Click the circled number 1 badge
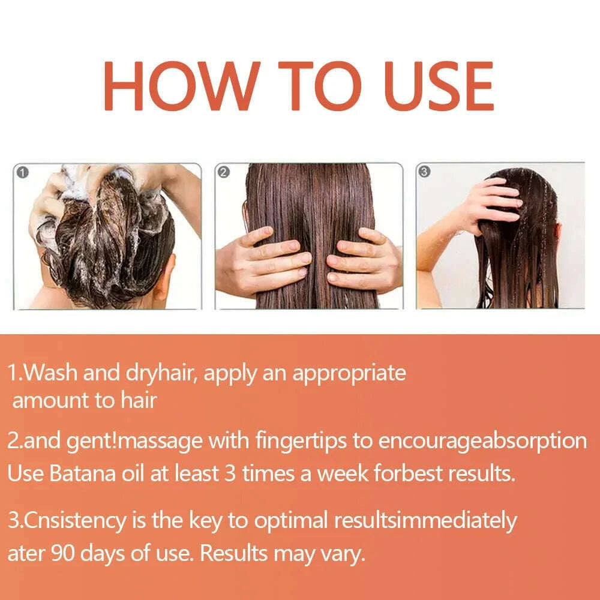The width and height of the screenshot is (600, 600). coord(22,173)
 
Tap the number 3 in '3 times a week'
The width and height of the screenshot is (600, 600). coord(230,474)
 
